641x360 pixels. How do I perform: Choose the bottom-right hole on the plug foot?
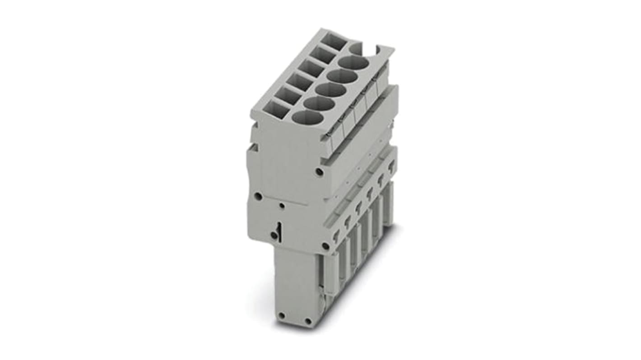pos(308,321)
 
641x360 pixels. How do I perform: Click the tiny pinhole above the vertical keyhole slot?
pos(282,206)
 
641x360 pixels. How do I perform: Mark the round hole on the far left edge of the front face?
pos(258,196)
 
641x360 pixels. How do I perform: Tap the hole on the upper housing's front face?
pos(319,171)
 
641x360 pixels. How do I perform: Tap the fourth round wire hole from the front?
pos(343,76)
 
